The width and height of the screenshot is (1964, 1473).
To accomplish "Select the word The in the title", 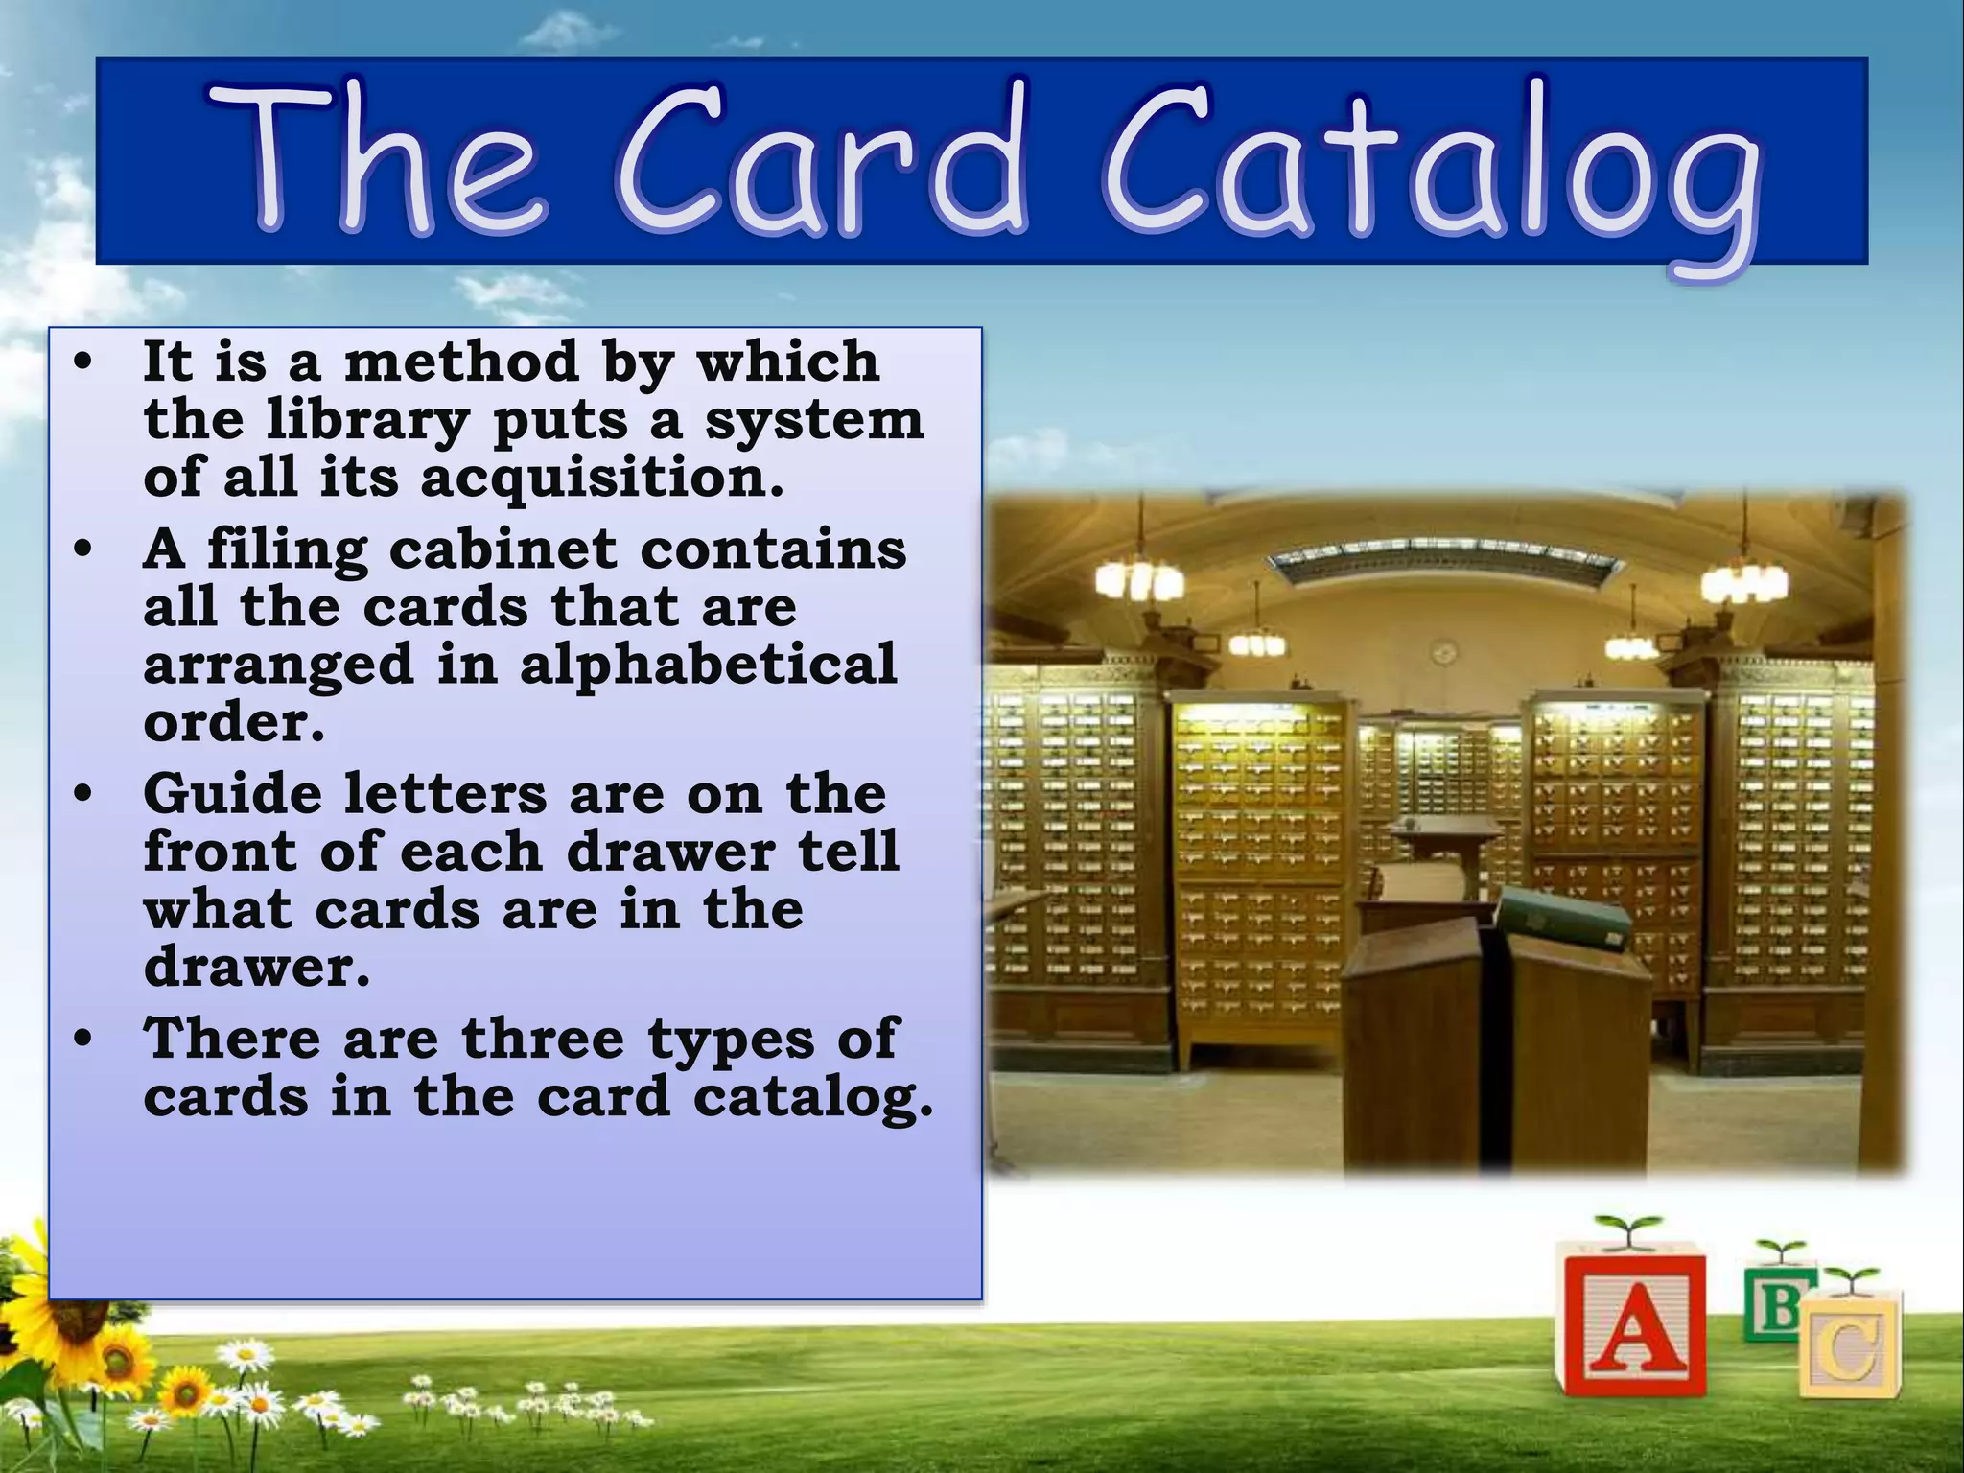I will click(x=375, y=159).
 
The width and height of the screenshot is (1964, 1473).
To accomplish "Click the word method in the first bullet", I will click(x=461, y=362).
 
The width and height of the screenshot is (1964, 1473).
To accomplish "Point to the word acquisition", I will click(x=601, y=478).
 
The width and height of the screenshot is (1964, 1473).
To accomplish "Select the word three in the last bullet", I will click(x=542, y=1038).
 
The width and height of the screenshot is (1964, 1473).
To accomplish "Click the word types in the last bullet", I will click(x=730, y=1040).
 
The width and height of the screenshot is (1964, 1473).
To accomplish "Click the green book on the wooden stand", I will click(x=1564, y=915).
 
